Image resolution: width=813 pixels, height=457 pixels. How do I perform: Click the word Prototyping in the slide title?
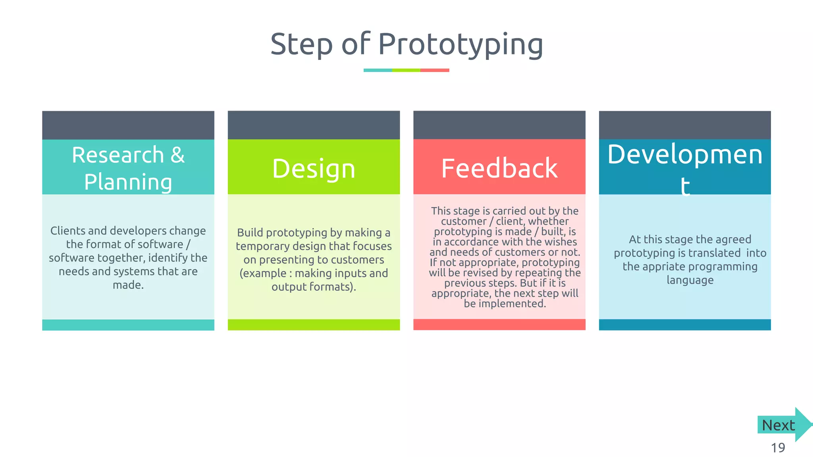click(x=460, y=44)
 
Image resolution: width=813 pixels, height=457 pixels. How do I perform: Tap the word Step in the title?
click(x=301, y=44)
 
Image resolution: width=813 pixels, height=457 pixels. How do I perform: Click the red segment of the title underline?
click(x=435, y=70)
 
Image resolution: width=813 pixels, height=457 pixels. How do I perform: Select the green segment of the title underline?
click(x=406, y=70)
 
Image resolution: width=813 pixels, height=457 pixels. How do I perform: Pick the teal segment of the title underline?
click(x=378, y=70)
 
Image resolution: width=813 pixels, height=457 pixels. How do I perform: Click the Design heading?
click(x=314, y=169)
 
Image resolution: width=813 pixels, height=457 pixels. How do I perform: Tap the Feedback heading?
click(x=499, y=168)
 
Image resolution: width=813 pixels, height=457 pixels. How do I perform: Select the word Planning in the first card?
click(x=128, y=182)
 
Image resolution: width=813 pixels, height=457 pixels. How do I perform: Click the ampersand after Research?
click(x=177, y=155)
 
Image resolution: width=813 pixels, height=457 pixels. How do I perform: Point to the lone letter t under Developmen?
click(x=685, y=186)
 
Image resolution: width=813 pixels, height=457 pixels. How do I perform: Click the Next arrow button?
click(x=782, y=425)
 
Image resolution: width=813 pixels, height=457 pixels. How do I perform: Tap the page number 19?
click(x=778, y=448)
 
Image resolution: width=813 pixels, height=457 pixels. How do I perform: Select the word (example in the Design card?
click(x=263, y=273)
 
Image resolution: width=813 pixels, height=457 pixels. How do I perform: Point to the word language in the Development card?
click(x=690, y=280)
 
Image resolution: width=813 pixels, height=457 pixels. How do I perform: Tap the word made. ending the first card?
click(x=128, y=285)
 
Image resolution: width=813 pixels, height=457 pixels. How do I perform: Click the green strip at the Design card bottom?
click(x=314, y=325)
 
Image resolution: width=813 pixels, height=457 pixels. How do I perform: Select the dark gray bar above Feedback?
click(x=499, y=125)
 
